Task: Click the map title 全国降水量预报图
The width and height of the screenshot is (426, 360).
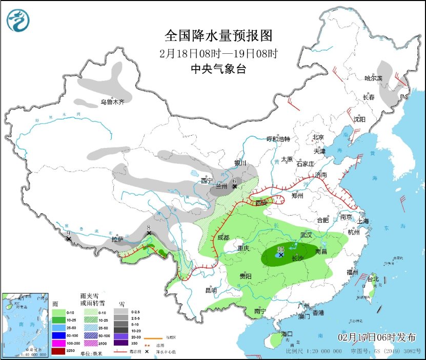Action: pyautogui.click(x=218, y=35)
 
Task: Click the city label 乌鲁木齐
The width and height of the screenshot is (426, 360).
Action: pyautogui.click(x=112, y=102)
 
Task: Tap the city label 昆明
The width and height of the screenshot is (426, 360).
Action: pyautogui.click(x=211, y=290)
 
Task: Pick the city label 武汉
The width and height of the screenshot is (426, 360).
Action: pyautogui.click(x=307, y=235)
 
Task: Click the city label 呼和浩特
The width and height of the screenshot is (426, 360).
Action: pyautogui.click(x=278, y=139)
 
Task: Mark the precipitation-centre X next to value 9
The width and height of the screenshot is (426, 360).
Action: pyautogui.click(x=69, y=239)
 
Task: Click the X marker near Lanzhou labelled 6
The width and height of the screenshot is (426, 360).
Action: pyautogui.click(x=235, y=186)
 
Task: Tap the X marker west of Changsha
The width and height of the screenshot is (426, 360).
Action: pyautogui.click(x=281, y=255)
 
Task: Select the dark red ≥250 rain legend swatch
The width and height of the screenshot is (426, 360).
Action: pyautogui.click(x=59, y=350)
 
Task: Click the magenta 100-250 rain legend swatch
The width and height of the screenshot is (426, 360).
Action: pyautogui.click(x=59, y=343)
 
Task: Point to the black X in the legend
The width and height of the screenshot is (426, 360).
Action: pyautogui.click(x=148, y=352)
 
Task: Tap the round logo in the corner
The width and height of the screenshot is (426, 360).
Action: pyautogui.click(x=18, y=20)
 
